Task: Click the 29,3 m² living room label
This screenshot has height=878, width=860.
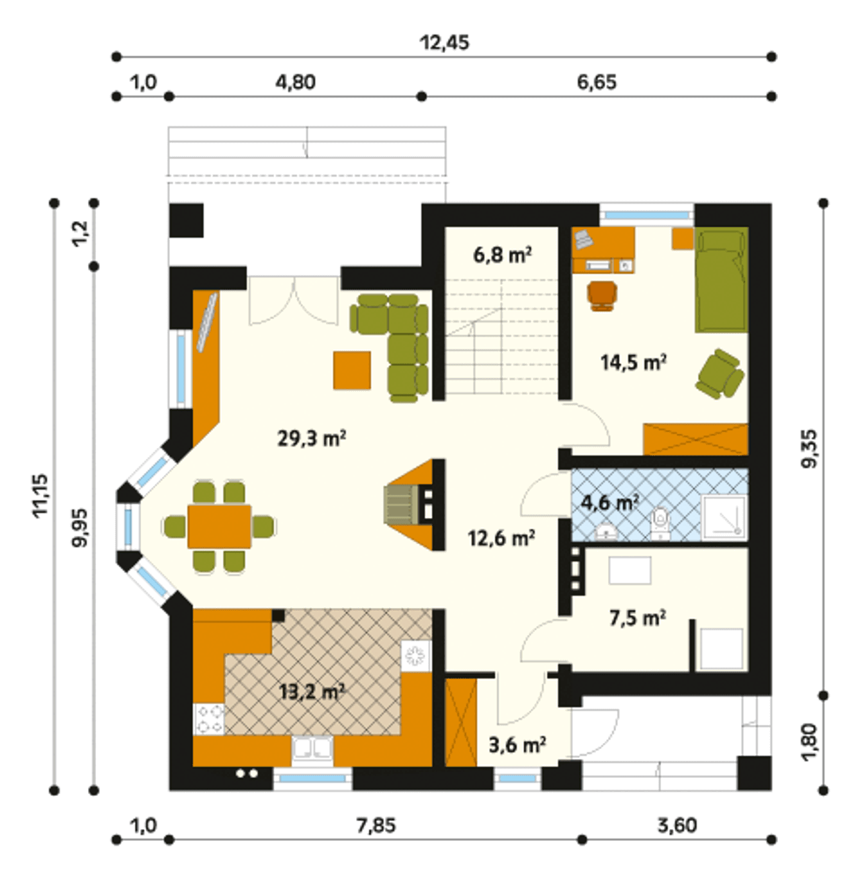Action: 311,439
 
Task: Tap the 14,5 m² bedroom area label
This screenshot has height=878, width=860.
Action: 634,362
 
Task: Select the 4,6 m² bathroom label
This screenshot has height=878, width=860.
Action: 609,503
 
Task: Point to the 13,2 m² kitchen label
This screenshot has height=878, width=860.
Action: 311,692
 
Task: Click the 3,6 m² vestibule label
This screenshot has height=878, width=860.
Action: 517,746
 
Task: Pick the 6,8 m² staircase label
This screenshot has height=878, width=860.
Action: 503,255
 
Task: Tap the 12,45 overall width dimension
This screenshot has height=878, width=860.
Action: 444,42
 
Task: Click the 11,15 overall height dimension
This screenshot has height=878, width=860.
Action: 40,495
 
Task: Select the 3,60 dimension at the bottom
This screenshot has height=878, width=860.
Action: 677,826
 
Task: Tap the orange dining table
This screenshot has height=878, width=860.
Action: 219,526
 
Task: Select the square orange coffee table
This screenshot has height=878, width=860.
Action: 351,370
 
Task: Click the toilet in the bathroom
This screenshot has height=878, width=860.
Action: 660,523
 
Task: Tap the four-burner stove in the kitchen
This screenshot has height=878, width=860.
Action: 209,719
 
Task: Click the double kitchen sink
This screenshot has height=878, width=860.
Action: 312,750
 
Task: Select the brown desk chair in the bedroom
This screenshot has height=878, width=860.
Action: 602,296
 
